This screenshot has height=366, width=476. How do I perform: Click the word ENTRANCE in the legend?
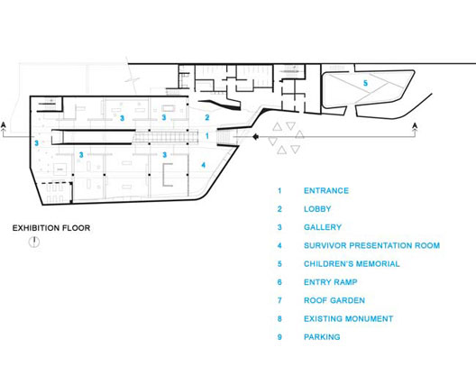pyautogui.click(x=326, y=190)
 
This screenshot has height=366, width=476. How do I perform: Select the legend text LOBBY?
pyautogui.click(x=317, y=209)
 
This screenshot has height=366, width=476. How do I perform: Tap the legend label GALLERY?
pyautogui.click(x=323, y=227)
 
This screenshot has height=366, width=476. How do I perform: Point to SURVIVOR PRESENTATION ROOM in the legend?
pyautogui.click(x=371, y=245)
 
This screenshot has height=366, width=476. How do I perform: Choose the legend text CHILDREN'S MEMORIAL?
pyautogui.click(x=352, y=264)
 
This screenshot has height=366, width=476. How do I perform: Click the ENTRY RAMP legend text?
pyautogui.click(x=331, y=282)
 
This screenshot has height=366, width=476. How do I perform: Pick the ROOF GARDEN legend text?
pyautogui.click(x=334, y=300)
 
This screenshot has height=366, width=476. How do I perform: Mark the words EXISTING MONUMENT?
pyautogui.click(x=349, y=318)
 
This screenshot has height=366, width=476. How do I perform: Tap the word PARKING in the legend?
pyautogui.click(x=322, y=337)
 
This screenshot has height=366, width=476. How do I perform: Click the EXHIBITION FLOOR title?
pyautogui.click(x=51, y=228)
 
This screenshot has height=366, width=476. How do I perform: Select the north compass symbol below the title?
pyautogui.click(x=34, y=242)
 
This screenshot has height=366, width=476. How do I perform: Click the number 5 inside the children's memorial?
pyautogui.click(x=365, y=83)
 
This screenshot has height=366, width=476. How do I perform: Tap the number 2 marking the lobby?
pyautogui.click(x=207, y=117)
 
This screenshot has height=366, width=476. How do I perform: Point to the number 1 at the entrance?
pyautogui.click(x=207, y=135)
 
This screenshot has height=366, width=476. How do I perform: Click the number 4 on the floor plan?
pyautogui.click(x=204, y=165)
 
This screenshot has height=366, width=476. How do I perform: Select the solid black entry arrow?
pyautogui.click(x=256, y=137)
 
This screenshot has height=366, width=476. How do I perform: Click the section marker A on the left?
pyautogui.click(x=4, y=124)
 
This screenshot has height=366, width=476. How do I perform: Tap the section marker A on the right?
pyautogui.click(x=416, y=125)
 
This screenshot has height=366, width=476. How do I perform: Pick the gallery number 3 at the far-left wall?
pyautogui.click(x=36, y=142)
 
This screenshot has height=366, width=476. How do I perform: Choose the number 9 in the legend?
pyautogui.click(x=279, y=337)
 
